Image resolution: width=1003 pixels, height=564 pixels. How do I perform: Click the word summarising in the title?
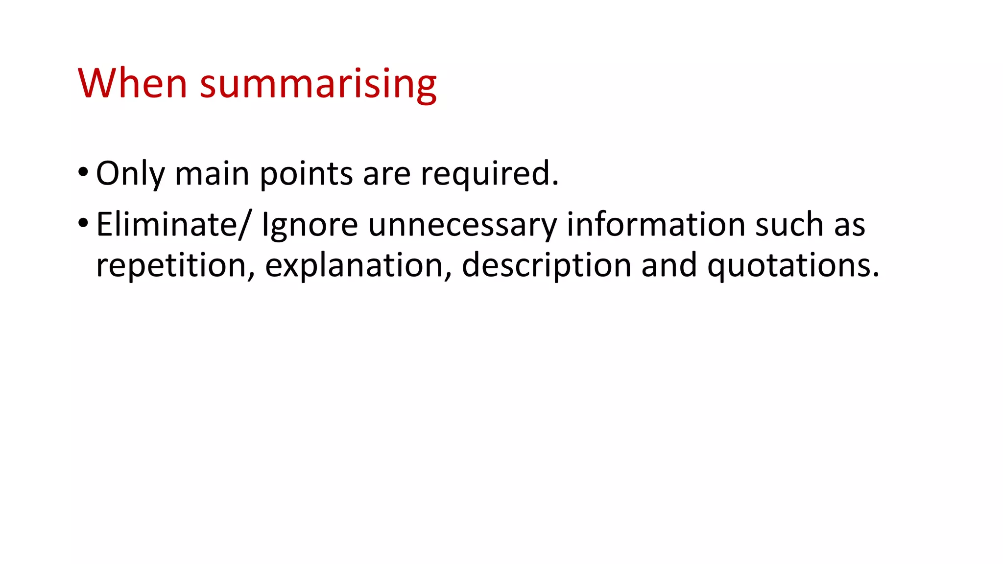[x=318, y=84]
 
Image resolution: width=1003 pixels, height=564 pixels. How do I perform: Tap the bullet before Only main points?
[x=83, y=172]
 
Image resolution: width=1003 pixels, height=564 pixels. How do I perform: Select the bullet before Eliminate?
[x=83, y=223]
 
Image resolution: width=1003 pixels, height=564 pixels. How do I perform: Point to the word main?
[x=212, y=174]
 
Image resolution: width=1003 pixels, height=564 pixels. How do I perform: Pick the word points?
[x=306, y=175]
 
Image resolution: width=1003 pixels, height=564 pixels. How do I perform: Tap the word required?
[x=489, y=174]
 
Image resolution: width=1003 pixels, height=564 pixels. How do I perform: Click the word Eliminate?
[x=167, y=224]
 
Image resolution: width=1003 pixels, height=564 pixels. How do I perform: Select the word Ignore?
[x=310, y=225]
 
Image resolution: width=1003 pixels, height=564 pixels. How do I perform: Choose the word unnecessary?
[x=462, y=225]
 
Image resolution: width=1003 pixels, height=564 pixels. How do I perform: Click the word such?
[x=789, y=224]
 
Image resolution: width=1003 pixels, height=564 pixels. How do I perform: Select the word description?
[x=546, y=265]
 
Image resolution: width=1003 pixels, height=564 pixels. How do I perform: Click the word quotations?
[x=793, y=265]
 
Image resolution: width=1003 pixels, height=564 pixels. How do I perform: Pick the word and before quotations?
[x=669, y=265]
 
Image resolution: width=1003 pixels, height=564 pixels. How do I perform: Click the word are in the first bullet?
[x=386, y=174]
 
